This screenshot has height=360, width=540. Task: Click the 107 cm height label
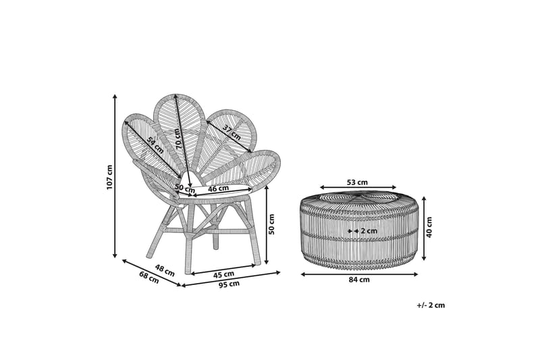109,177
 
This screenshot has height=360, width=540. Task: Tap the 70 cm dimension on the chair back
178,138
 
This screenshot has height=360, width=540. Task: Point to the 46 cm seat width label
217,188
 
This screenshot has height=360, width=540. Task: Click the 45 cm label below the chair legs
223,274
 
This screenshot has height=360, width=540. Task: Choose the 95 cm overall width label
230,284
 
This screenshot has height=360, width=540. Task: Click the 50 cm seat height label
272,224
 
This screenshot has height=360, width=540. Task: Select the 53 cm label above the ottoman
357,182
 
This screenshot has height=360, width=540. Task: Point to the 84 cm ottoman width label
359,280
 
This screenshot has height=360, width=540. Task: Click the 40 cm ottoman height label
429,228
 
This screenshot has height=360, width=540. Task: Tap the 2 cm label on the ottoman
369,231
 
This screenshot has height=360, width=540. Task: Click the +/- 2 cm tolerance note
431,305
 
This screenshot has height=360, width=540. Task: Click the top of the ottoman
358,198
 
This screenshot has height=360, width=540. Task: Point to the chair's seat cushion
216,196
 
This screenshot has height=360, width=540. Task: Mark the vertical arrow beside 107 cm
115,177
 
